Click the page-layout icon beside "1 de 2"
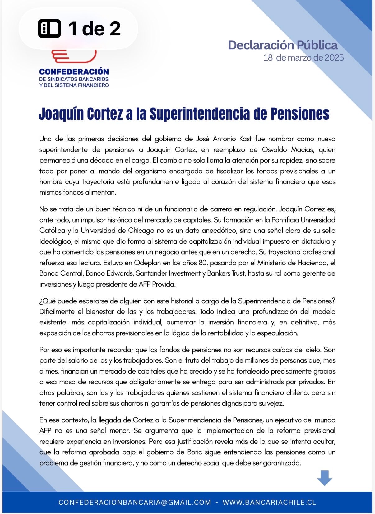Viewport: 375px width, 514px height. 49,29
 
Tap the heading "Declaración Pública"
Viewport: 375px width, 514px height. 283,45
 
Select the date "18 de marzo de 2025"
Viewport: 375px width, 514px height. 303,58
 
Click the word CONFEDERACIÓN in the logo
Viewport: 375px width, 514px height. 74,72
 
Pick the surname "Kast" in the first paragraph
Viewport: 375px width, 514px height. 245,139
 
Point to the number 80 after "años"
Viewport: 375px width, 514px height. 202,263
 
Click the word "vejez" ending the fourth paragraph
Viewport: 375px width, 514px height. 275,403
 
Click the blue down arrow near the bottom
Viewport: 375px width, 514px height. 324,478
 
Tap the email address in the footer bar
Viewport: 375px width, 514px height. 135,502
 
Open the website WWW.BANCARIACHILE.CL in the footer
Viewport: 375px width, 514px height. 269,502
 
